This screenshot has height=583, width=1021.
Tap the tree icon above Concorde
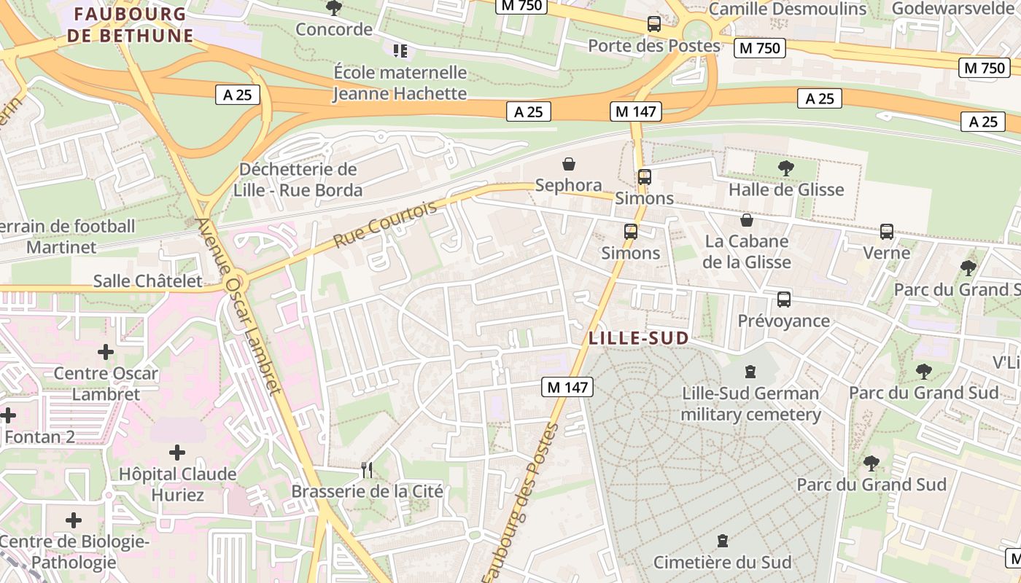(334, 8)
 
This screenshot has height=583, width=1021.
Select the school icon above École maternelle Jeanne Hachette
(400, 50)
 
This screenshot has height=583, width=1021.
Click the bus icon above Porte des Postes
(654, 24)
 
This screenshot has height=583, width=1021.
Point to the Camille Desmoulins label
(788, 9)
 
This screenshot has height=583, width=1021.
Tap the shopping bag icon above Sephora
(569, 164)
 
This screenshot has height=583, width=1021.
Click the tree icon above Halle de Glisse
(786, 168)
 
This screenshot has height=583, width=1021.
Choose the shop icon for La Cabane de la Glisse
(747, 220)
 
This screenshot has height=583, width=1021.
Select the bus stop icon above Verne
(887, 232)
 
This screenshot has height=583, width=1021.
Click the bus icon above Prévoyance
(784, 300)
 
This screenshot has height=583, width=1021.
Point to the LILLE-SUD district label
(639, 338)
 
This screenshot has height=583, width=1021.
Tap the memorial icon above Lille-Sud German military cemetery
(750, 372)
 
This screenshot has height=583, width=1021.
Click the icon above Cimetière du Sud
(723, 541)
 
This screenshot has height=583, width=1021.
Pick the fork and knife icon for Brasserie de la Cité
(367, 470)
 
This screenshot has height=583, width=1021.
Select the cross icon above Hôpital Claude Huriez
(176, 453)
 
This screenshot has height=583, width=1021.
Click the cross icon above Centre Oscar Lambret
(106, 353)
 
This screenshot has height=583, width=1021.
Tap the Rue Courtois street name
(385, 223)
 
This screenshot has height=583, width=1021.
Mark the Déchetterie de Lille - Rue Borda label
(298, 180)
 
